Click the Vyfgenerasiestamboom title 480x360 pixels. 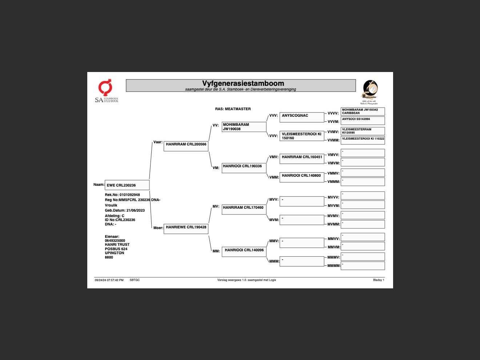click(x=243, y=84)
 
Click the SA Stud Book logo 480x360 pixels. click(x=106, y=91)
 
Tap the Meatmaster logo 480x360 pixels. click(x=370, y=92)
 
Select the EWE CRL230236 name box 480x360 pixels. click(x=127, y=185)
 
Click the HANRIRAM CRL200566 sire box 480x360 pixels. click(x=186, y=146)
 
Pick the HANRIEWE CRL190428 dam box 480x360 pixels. click(x=186, y=229)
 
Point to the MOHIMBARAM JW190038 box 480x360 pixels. click(x=244, y=127)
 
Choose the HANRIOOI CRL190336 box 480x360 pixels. click(x=244, y=168)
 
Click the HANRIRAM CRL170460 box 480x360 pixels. click(x=244, y=209)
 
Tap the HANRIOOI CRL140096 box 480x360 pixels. click(x=244, y=252)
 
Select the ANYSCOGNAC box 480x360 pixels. click(x=301, y=117)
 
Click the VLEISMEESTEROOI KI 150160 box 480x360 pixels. click(x=301, y=136)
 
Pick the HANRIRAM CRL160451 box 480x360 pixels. click(x=301, y=159)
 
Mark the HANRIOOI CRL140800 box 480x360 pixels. click(x=301, y=177)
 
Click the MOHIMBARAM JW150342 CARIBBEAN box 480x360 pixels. click(x=363, y=111)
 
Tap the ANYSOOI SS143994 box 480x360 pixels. click(x=363, y=120)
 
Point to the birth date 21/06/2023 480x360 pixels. click(x=135, y=211)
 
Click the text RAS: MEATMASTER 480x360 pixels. click(x=233, y=109)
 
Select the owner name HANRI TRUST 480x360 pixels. click(x=117, y=245)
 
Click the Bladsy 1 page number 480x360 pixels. click(x=379, y=280)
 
